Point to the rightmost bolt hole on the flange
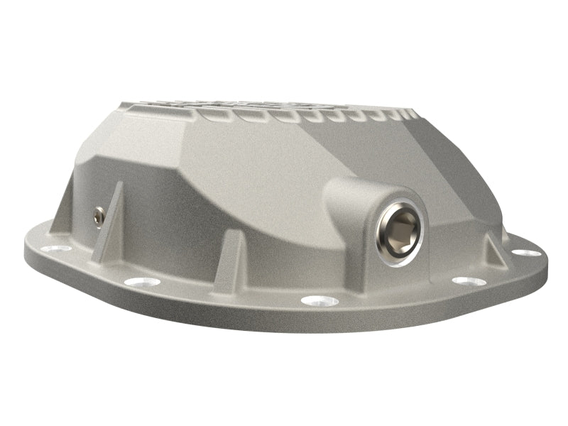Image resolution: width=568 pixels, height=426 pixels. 523,252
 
